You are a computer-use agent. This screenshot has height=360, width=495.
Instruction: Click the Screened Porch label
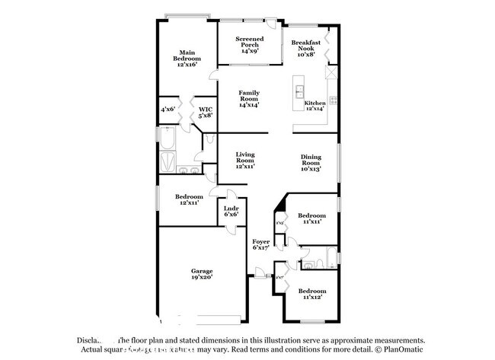(x=249, y=45)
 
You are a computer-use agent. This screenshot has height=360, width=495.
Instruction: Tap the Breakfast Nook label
(x=305, y=48)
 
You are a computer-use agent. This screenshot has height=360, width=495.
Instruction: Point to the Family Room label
(x=249, y=98)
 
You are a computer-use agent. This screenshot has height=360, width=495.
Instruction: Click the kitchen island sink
(x=299, y=92)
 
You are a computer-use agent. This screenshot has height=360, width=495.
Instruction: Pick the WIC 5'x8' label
(x=205, y=113)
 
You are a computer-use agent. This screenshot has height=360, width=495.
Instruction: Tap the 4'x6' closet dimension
(x=168, y=110)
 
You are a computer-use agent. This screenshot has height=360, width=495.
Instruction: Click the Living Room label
(x=244, y=159)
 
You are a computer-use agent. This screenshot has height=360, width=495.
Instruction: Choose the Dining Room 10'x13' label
(x=310, y=163)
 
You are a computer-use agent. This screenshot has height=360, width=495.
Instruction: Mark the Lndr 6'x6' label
(x=231, y=212)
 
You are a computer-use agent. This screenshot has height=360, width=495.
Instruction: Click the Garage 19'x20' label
(x=201, y=274)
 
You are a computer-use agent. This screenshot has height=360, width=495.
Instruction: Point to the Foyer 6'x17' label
(x=261, y=244)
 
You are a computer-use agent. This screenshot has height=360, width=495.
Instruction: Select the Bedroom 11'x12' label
(x=312, y=294)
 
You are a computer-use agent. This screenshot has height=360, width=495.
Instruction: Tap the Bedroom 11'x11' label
(x=311, y=218)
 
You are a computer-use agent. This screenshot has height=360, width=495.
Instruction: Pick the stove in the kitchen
(x=332, y=99)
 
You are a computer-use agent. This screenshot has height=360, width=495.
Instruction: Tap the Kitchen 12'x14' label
(x=315, y=106)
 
